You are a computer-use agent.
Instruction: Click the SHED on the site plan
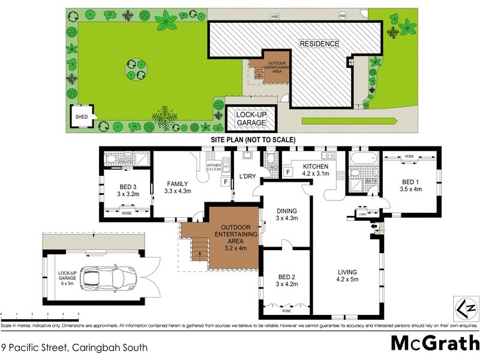tap(81, 118)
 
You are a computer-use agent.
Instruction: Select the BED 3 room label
tap(127, 190)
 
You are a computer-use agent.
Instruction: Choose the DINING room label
tap(286, 214)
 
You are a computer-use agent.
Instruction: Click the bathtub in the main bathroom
tap(362, 160)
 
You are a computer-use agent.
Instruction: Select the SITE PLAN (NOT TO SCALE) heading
tap(253, 139)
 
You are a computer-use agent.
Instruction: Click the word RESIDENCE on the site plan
tap(319, 44)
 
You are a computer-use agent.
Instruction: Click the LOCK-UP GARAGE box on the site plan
tap(251, 118)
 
